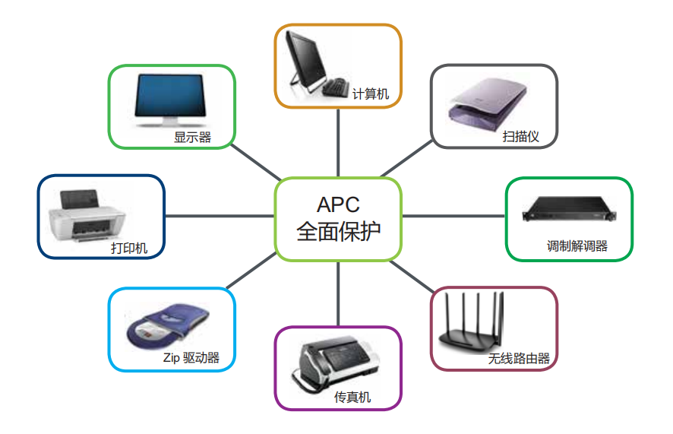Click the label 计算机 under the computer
tap(371, 94)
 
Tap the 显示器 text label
tap(192, 138)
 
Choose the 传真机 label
tap(352, 397)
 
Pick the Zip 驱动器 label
tap(191, 357)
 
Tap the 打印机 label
tap(129, 248)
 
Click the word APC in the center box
tap(338, 204)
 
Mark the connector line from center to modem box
tap(453, 216)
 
